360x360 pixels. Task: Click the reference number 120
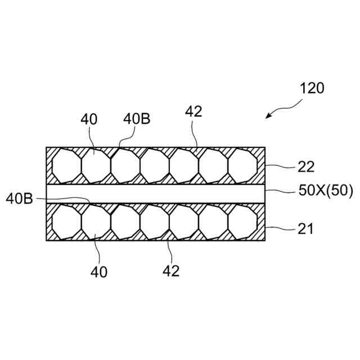pyautogui.click(x=312, y=88)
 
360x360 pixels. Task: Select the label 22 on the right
pyautogui.click(x=306, y=167)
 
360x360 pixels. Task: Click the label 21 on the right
pyautogui.click(x=306, y=228)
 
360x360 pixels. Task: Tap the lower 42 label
pyautogui.click(x=172, y=271)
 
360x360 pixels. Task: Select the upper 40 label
pyautogui.click(x=89, y=119)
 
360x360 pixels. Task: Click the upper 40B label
pyautogui.click(x=137, y=119)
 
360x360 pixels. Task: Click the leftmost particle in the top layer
pyautogui.click(x=66, y=165)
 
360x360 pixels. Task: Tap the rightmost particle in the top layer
pyautogui.click(x=242, y=165)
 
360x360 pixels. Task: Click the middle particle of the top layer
pyautogui.click(x=155, y=165)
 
